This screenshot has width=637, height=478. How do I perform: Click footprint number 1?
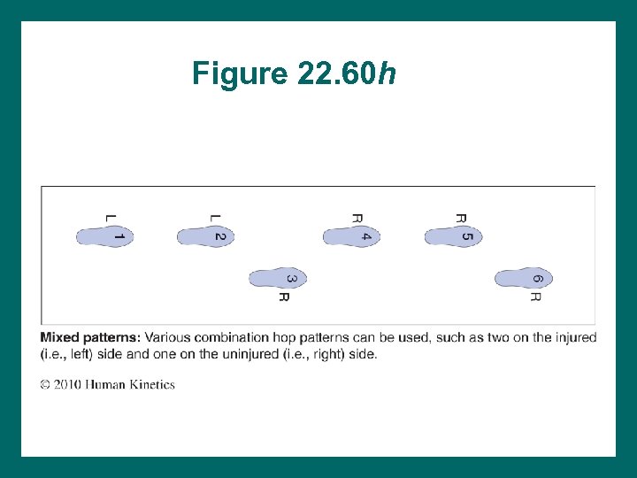point(104,236)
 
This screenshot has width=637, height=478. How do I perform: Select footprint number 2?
point(205,236)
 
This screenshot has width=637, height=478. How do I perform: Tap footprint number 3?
point(278,279)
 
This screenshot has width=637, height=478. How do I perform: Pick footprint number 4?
point(351,236)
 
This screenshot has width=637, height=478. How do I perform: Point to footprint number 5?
point(453,236)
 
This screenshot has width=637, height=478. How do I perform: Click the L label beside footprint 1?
point(110,217)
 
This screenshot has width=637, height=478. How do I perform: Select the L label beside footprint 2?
point(215,217)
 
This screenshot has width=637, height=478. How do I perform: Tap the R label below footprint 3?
point(284,297)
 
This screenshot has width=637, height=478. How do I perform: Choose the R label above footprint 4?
point(357,217)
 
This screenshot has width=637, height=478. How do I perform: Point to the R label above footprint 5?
point(460,217)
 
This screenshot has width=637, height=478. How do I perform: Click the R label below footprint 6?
point(534,297)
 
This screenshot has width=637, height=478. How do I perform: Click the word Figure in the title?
point(240,73)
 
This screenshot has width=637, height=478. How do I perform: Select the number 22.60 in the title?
point(335,73)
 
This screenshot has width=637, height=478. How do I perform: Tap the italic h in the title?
point(387,73)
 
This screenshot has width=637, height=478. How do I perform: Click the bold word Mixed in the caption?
point(60,337)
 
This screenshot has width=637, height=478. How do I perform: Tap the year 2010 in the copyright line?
point(68,385)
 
